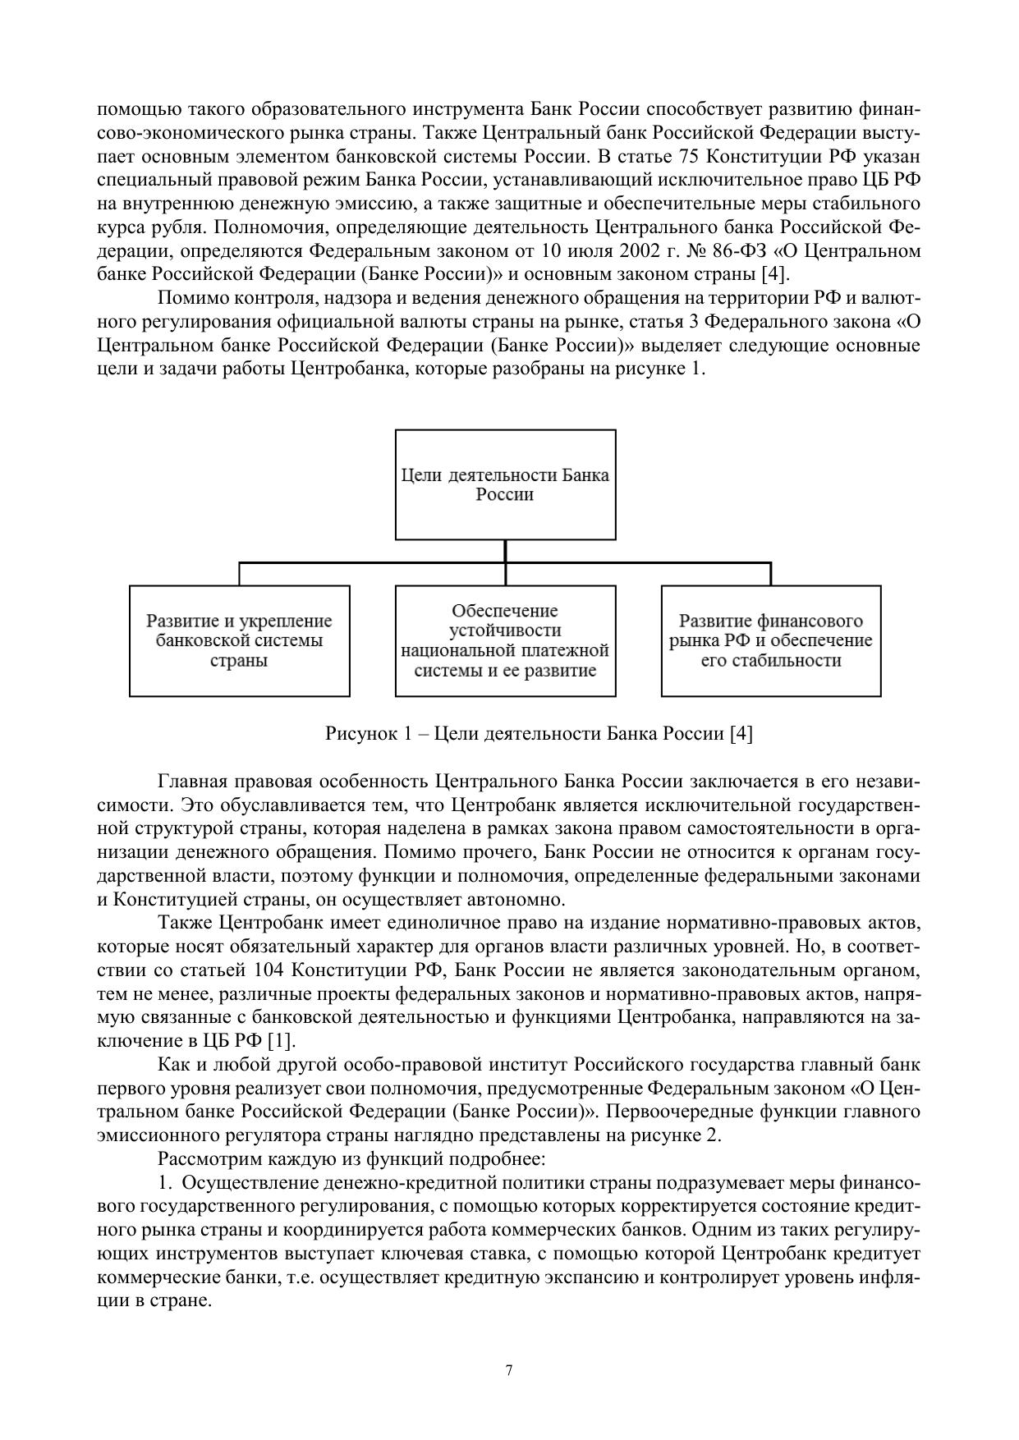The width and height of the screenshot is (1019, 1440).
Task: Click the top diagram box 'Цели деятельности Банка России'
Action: [505, 484]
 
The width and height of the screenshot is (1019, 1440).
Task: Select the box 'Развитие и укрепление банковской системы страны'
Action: [239, 640]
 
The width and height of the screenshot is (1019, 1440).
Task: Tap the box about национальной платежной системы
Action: [505, 640]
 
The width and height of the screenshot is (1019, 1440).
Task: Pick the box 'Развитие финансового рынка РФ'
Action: [771, 640]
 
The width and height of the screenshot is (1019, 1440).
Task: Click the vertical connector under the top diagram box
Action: [505, 551]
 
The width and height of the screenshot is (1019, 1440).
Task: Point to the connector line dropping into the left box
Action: [239, 574]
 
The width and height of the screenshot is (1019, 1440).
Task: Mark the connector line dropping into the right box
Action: [771, 574]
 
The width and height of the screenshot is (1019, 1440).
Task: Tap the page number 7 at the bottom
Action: [509, 1370]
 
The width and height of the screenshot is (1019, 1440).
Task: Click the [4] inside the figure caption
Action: [741, 733]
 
